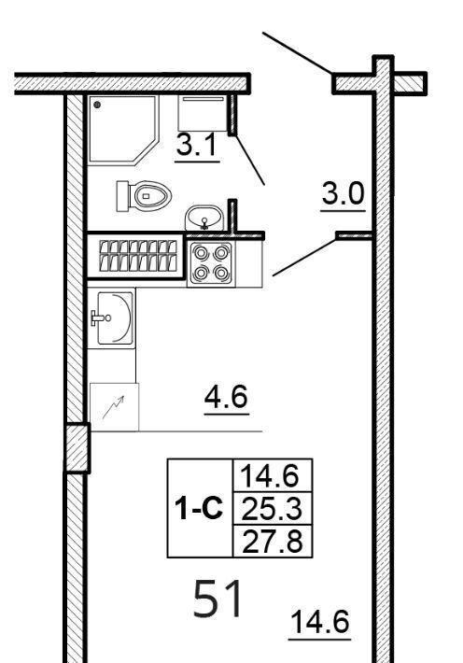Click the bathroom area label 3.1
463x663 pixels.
[x=197, y=144]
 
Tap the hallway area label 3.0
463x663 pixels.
[x=343, y=193]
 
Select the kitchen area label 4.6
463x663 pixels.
[x=226, y=397]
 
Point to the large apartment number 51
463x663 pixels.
[x=218, y=599]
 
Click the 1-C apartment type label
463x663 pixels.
[x=199, y=508]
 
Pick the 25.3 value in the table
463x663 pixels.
[x=272, y=508]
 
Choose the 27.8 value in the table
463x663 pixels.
[x=273, y=542]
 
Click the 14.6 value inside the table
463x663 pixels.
[x=270, y=475]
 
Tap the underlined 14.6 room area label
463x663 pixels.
[x=320, y=622]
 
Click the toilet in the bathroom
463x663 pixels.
[x=144, y=196]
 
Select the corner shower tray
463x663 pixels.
[x=123, y=129]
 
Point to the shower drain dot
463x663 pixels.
[x=97, y=105]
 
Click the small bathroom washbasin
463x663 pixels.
[x=204, y=218]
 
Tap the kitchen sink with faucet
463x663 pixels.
[x=112, y=317]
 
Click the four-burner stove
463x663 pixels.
[x=211, y=263]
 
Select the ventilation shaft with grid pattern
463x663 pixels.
[x=136, y=255]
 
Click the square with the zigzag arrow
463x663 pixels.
[x=114, y=407]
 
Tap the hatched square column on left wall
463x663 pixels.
[x=77, y=448]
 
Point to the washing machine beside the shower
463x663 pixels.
[x=203, y=113]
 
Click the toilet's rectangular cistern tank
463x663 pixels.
[x=122, y=196]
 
